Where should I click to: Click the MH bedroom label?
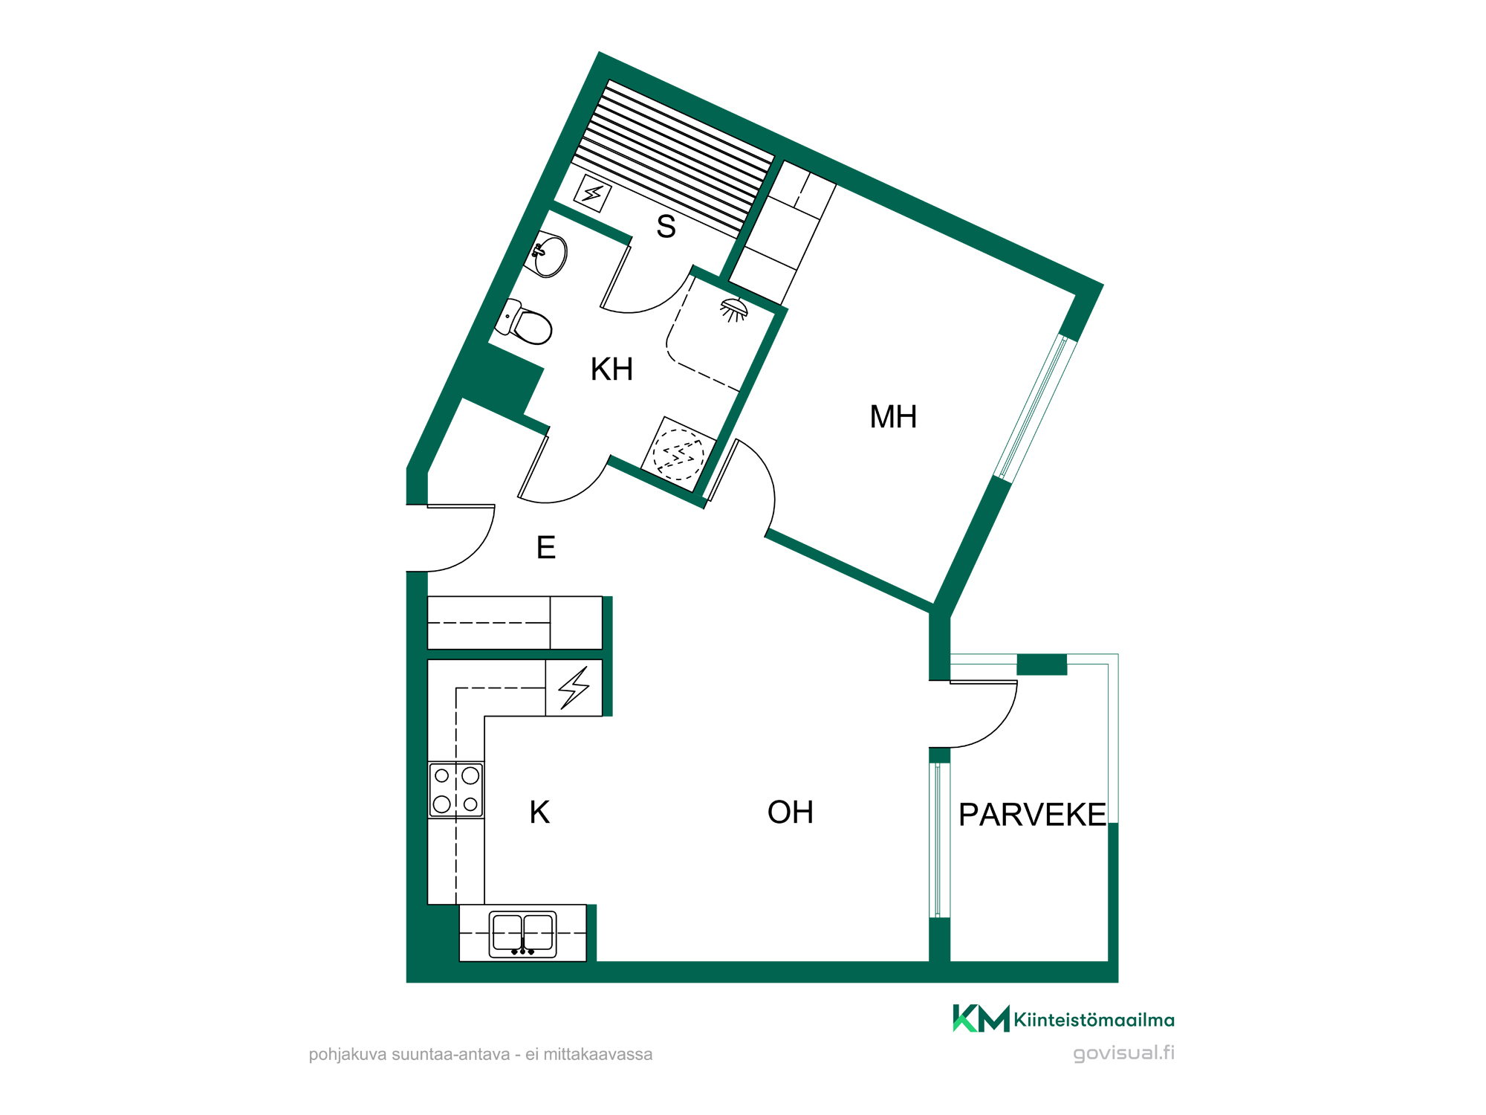(x=893, y=417)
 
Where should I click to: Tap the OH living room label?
(x=791, y=812)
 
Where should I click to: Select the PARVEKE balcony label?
(x=1032, y=815)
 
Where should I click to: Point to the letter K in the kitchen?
(x=540, y=812)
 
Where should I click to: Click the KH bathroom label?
(x=611, y=369)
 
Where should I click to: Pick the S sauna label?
(x=666, y=227)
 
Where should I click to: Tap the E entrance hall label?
(x=546, y=548)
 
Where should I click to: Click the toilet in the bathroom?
(x=525, y=322)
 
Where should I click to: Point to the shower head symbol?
(x=734, y=309)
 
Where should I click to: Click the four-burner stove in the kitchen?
(x=456, y=789)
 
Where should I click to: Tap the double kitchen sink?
(x=523, y=934)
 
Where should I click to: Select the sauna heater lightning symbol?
(x=593, y=193)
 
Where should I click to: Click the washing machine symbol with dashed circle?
(x=678, y=454)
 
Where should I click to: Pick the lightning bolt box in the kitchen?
(x=574, y=688)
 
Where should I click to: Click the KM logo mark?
(x=981, y=1018)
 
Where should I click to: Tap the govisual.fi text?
(x=1123, y=1053)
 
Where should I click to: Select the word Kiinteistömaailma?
(x=1094, y=1020)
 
